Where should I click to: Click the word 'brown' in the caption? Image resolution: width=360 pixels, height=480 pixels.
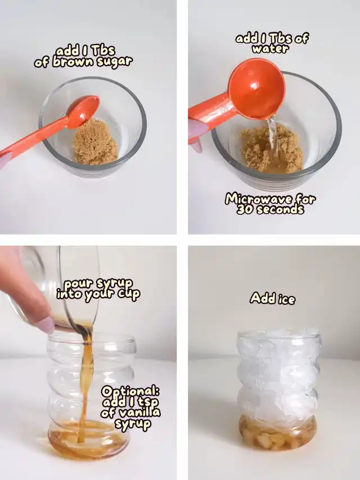pyautogui.click(x=73, y=62)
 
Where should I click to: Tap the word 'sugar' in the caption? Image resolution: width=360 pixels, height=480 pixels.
pyautogui.click(x=115, y=62)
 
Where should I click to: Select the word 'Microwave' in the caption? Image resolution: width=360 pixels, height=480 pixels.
pyautogui.click(x=259, y=199)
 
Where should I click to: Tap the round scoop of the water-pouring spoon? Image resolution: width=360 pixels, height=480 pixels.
pyautogui.click(x=257, y=88)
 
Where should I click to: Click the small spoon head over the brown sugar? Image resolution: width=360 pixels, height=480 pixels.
pyautogui.click(x=83, y=110)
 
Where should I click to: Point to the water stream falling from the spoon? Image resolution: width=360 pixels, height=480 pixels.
pyautogui.click(x=272, y=138)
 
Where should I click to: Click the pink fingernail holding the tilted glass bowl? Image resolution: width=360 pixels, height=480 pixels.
pyautogui.click(x=47, y=325)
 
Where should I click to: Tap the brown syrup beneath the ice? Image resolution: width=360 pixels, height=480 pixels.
pyautogui.click(x=277, y=433)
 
